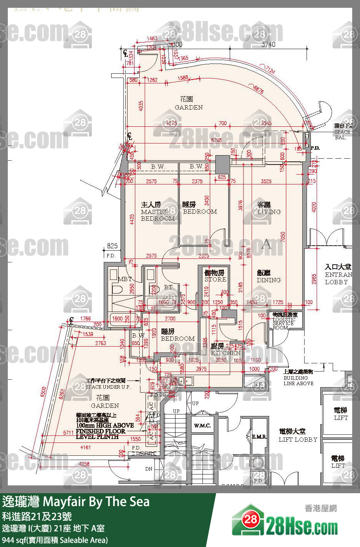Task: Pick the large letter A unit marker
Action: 266,244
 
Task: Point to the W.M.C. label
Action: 202,426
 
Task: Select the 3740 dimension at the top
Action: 268,44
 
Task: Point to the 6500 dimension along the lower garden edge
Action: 43,392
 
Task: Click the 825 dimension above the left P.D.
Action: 112,246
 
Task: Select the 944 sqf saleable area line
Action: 55,540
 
